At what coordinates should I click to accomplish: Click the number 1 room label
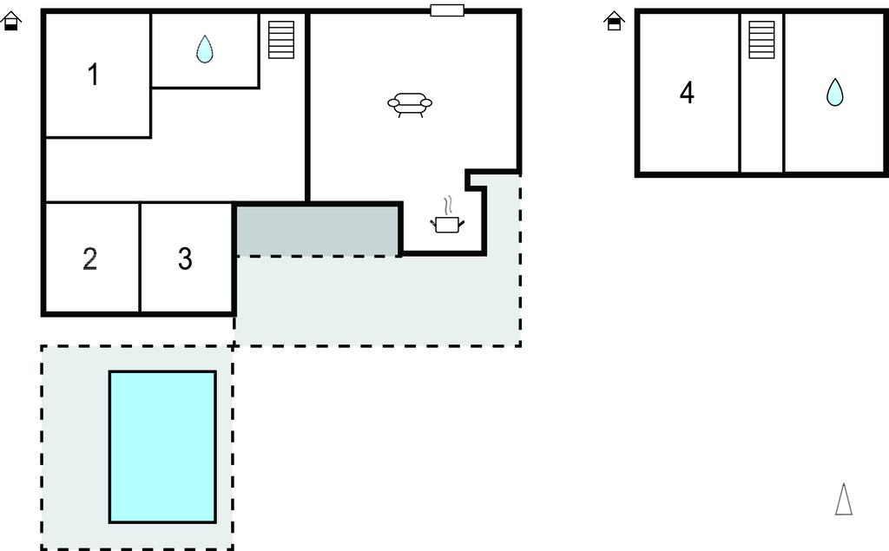click(93, 75)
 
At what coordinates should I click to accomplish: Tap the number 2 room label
click(89, 259)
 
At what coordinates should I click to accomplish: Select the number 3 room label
click(185, 259)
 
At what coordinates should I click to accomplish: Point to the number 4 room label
click(687, 93)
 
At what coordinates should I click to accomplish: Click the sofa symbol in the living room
click(410, 104)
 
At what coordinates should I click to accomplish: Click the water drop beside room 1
click(204, 49)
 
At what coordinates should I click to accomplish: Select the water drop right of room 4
click(834, 92)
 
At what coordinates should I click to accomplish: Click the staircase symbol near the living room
click(281, 39)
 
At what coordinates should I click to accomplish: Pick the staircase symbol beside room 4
click(761, 40)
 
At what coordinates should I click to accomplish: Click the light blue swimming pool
click(162, 447)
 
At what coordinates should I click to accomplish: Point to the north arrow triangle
click(843, 500)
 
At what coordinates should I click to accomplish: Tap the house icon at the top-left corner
click(11, 21)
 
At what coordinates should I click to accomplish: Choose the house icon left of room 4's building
click(614, 21)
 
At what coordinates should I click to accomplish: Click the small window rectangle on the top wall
click(447, 10)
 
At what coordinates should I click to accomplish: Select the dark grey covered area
click(318, 231)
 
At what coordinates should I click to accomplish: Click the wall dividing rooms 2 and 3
click(140, 258)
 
